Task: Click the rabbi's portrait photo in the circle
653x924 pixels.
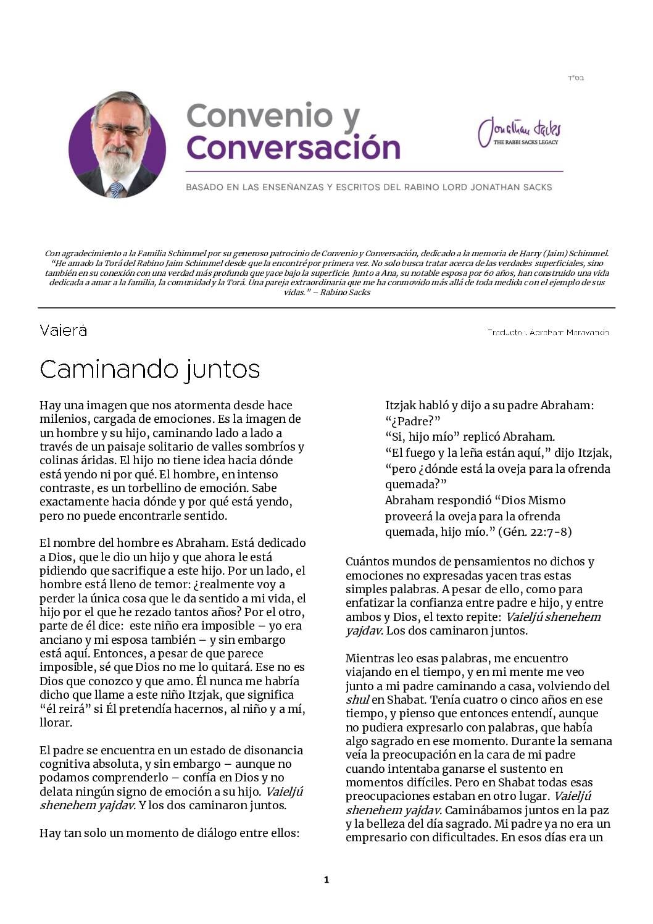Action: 117,146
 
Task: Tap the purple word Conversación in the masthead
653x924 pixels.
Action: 293,148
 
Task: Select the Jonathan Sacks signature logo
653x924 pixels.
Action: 519,130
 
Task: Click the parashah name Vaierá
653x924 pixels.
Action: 63,331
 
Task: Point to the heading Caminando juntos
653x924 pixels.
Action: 149,369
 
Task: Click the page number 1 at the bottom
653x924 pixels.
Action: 326,880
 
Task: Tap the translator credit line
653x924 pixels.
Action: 548,332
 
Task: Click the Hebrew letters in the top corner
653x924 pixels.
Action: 575,78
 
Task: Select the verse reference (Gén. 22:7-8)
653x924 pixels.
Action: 534,531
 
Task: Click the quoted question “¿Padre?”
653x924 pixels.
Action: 413,421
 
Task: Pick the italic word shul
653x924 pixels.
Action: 357,699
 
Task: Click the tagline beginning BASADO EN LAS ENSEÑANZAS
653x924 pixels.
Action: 368,186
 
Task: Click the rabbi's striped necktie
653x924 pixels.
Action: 115,189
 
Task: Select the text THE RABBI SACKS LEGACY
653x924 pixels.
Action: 525,143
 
